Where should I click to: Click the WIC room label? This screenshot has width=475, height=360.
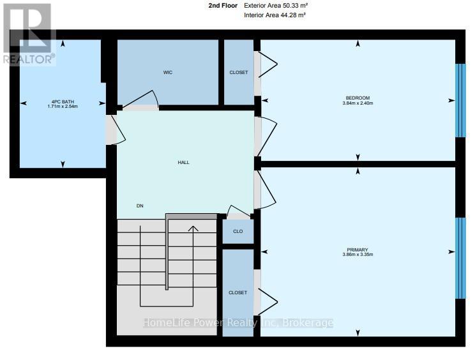167,72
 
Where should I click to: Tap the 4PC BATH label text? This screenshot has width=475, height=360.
63,102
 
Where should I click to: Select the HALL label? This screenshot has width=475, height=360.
184,163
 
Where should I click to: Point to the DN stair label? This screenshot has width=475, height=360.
140,206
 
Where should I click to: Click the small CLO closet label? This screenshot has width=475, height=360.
237,231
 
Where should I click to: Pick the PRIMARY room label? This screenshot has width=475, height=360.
358,250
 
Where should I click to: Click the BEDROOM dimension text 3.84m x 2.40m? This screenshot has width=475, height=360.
358,103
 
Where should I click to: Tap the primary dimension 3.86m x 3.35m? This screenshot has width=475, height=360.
358,255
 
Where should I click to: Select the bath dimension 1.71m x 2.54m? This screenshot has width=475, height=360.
63,107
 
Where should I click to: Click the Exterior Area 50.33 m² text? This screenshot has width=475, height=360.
276,6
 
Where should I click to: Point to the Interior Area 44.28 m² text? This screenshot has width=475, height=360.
275,15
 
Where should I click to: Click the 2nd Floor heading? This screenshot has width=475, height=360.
223,6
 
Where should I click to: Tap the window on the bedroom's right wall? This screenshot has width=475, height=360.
460,100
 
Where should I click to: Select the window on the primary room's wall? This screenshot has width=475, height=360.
460,258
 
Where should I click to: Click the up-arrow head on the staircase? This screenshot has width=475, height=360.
193,229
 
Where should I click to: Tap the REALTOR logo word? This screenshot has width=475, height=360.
29,59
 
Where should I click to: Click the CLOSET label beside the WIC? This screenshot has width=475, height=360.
239,72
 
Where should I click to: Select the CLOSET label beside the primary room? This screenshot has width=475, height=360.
237,293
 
